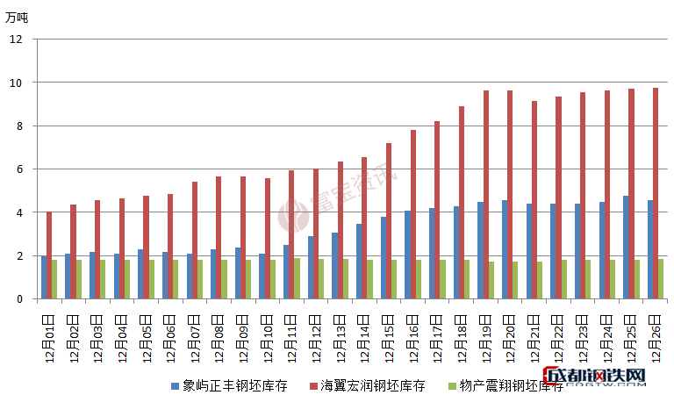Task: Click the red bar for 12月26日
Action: (x=656, y=193)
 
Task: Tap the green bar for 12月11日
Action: (x=298, y=278)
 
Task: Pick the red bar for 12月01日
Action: (x=49, y=255)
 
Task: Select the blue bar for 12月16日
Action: (x=407, y=255)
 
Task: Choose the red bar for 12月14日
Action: (x=364, y=228)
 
